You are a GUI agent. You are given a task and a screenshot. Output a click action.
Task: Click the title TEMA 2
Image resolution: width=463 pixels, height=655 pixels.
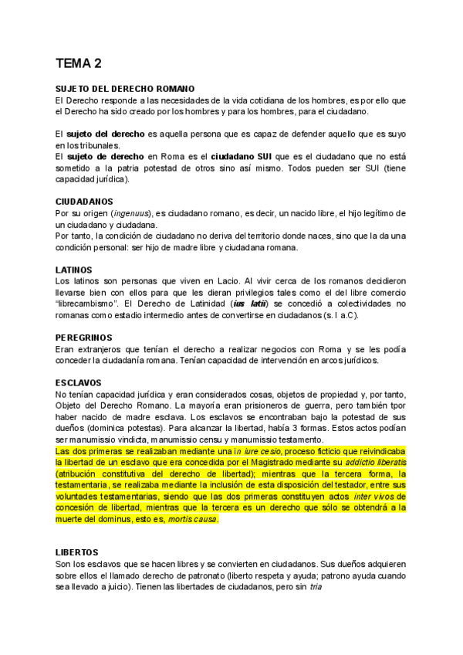click(78, 63)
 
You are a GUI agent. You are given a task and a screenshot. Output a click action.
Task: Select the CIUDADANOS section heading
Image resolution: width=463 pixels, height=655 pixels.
click(84, 202)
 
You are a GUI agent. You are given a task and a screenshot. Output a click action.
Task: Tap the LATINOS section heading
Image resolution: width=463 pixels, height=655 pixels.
click(75, 269)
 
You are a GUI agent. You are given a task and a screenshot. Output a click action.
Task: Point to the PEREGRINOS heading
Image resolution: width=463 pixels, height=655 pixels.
click(84, 338)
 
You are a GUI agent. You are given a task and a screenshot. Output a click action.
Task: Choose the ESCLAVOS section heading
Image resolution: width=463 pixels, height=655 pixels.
click(79, 383)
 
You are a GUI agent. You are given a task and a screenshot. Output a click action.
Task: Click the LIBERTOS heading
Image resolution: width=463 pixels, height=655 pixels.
click(77, 552)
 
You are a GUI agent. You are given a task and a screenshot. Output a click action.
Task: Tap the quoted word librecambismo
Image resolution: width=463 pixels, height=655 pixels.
click(93, 304)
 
